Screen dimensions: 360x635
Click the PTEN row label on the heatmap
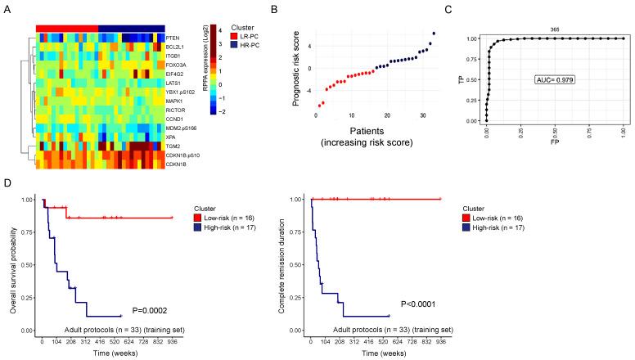[x=172, y=38]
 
